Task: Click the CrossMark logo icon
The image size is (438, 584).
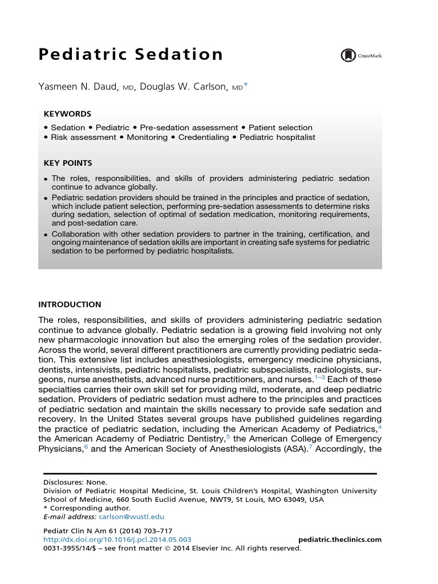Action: pyautogui.click(x=347, y=55)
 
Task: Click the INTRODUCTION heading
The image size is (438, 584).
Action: pyautogui.click(x=70, y=305)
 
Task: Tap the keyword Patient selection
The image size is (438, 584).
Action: pyautogui.click(x=280, y=128)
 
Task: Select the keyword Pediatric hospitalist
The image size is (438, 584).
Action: pyautogui.click(x=277, y=137)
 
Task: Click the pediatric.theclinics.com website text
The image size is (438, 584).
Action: pyautogui.click(x=340, y=540)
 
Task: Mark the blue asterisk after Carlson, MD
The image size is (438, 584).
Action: pyautogui.click(x=246, y=84)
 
